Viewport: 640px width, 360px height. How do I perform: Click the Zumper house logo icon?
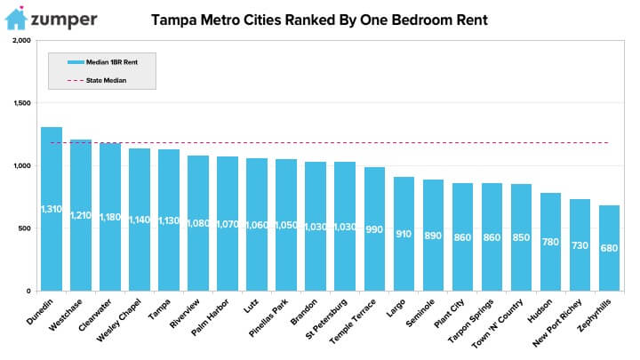pyautogui.click(x=17, y=19)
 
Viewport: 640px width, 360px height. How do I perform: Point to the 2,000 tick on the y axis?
pyautogui.click(x=20, y=41)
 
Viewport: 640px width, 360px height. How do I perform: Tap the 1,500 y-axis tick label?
pyautogui.click(x=20, y=103)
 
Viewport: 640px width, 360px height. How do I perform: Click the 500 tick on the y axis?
pyautogui.click(x=24, y=228)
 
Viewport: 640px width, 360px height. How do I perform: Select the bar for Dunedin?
pyautogui.click(x=52, y=209)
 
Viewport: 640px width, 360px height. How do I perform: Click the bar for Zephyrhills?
pyautogui.click(x=609, y=248)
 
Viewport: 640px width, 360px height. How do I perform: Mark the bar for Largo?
pyautogui.click(x=404, y=234)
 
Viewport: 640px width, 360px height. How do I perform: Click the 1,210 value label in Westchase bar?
pyautogui.click(x=81, y=215)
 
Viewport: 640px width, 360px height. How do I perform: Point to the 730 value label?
pyautogui.click(x=580, y=246)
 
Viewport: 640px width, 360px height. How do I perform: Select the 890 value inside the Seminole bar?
pyautogui.click(x=433, y=236)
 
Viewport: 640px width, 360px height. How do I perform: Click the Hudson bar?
pyautogui.click(x=550, y=242)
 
